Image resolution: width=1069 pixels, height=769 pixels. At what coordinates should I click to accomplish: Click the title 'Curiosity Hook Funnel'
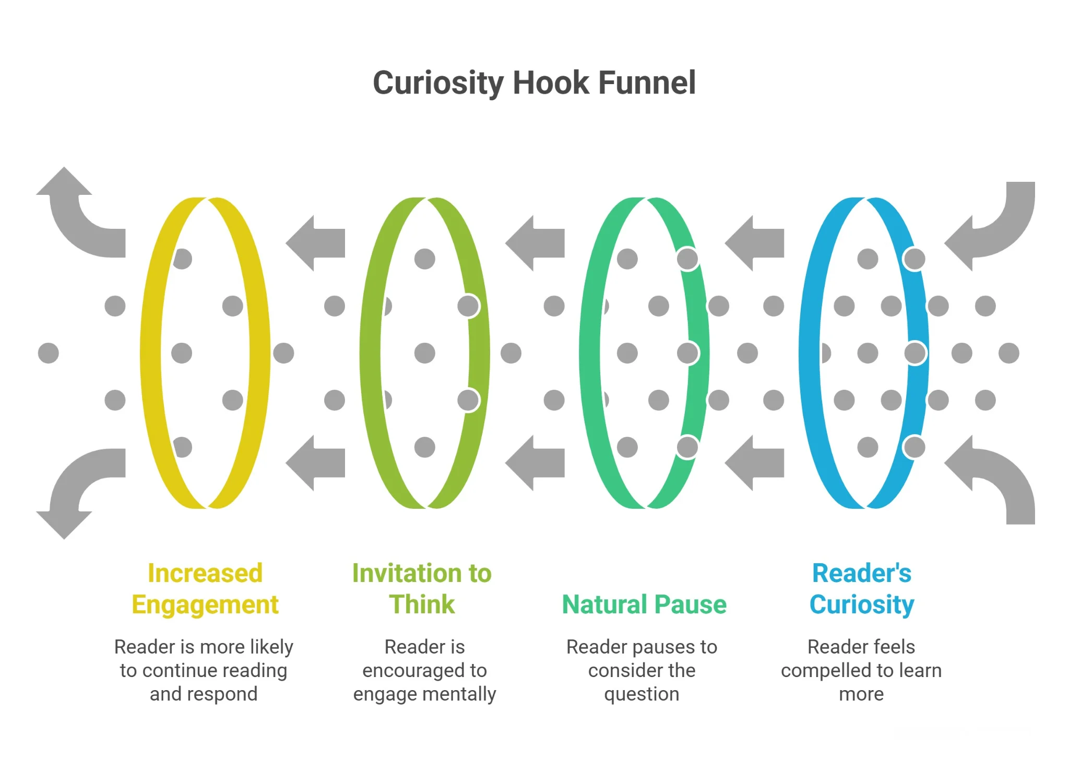[x=534, y=83]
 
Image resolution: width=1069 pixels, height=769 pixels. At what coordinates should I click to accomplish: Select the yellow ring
[x=150, y=353]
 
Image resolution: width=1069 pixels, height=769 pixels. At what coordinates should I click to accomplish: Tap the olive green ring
[x=370, y=353]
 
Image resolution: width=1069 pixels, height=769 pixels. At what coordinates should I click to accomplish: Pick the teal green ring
[x=589, y=353]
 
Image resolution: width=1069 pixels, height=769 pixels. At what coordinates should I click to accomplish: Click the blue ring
[x=809, y=353]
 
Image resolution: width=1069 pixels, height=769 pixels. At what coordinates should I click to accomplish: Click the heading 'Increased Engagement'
[x=205, y=589]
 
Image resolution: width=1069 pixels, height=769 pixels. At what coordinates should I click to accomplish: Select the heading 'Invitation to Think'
[x=422, y=589]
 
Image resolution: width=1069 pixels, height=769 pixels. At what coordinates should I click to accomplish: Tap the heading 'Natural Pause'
[x=644, y=604]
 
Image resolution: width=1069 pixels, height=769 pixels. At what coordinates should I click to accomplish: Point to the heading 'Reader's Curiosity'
[x=861, y=589]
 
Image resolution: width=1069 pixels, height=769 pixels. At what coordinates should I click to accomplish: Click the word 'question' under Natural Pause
[x=642, y=694]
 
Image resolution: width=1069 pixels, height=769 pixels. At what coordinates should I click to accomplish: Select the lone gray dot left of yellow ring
[x=49, y=353]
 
